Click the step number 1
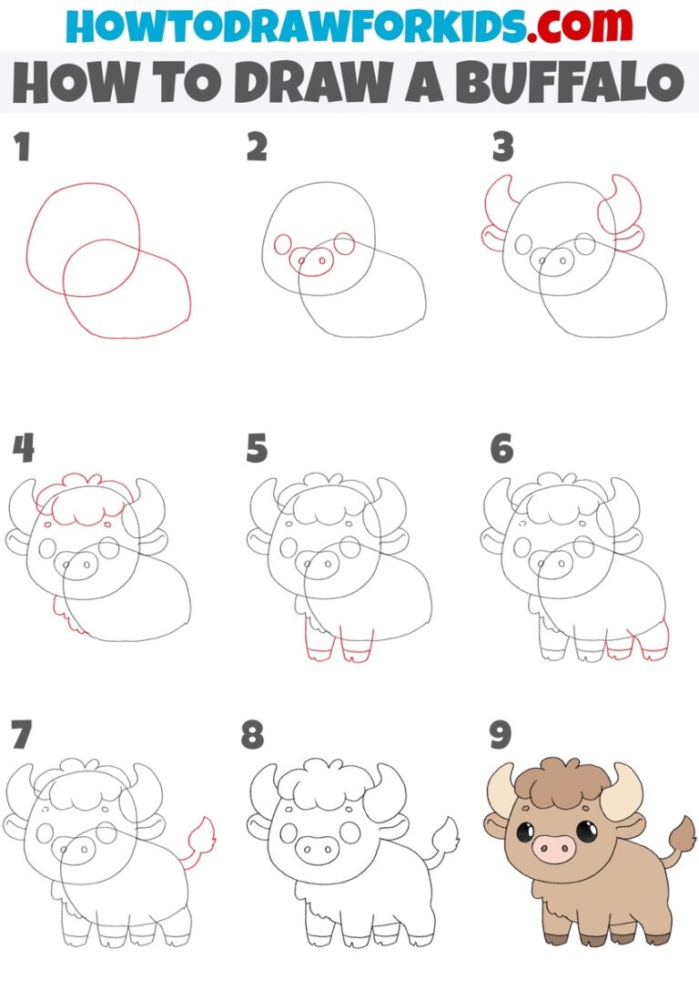pyautogui.click(x=22, y=148)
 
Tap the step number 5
pyautogui.click(x=258, y=448)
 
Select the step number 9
pyautogui.click(x=500, y=734)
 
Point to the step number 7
pyautogui.click(x=21, y=734)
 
